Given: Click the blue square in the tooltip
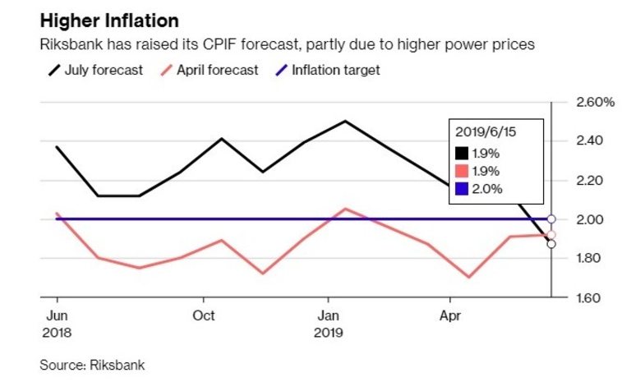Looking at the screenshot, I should pos(463,189).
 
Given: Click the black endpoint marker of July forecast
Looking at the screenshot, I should pos(550,244).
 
